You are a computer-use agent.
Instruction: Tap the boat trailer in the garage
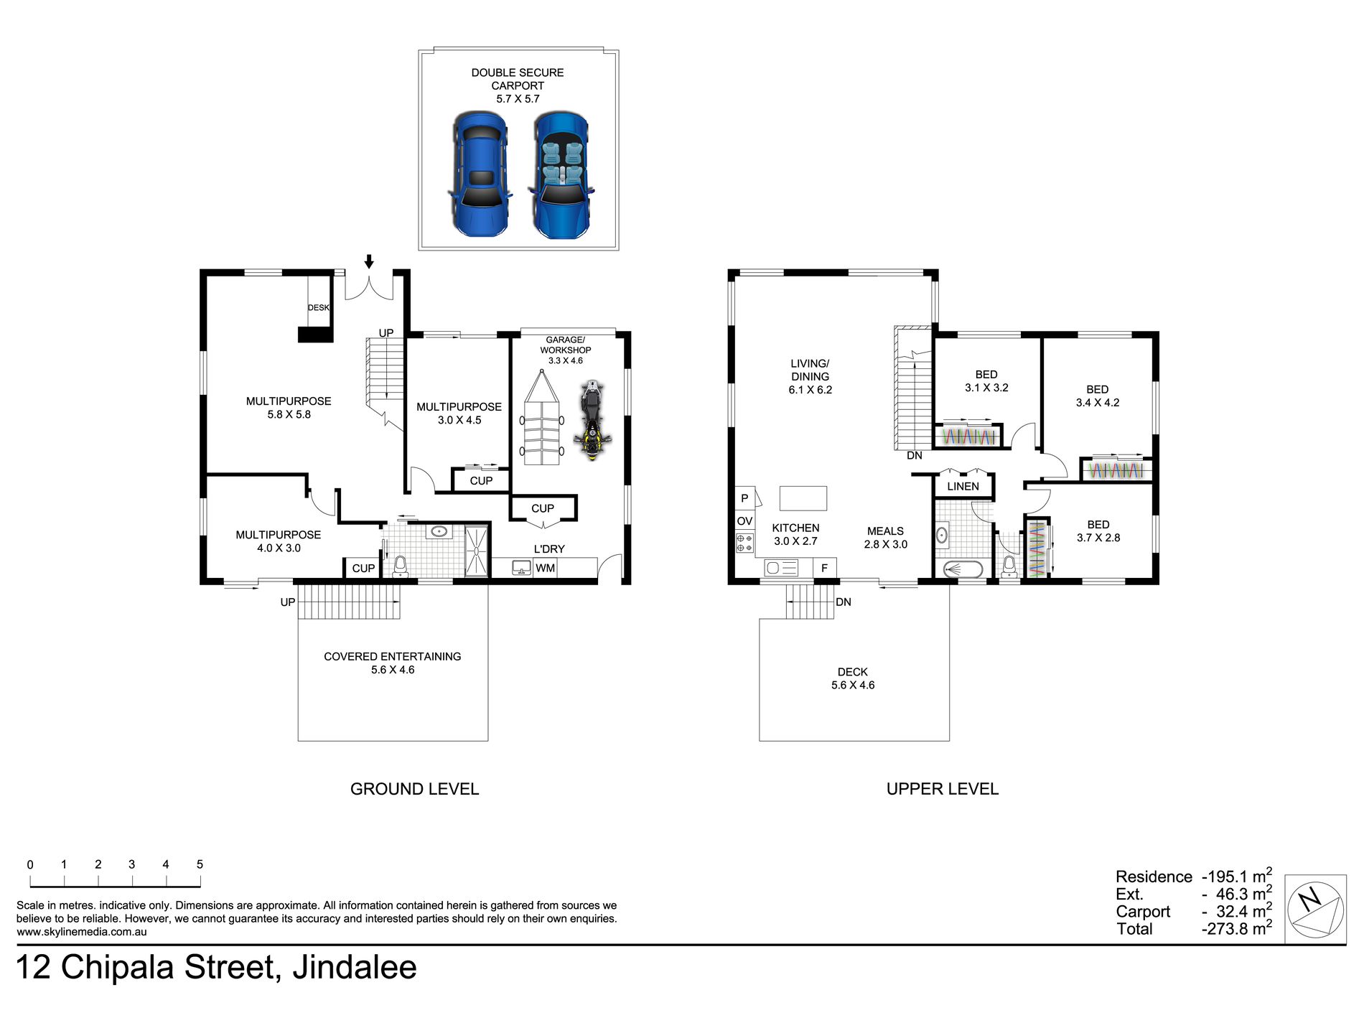[x=542, y=417]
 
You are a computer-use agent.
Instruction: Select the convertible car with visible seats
[x=561, y=174]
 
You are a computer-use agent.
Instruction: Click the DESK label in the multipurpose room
[x=318, y=307]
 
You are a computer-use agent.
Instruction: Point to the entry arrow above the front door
[x=370, y=261]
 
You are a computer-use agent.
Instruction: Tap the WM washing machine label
[x=545, y=568]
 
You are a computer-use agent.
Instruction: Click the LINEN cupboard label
[x=963, y=486]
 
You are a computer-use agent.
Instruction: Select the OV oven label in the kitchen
[x=744, y=521]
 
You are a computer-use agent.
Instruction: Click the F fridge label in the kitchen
[x=824, y=568]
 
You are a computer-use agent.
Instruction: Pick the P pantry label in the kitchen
[x=744, y=498]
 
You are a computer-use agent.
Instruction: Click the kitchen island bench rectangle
[x=803, y=498]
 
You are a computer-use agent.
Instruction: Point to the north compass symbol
[x=1314, y=908]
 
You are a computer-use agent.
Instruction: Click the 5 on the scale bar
[x=200, y=864]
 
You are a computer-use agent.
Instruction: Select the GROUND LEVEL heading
[x=414, y=789]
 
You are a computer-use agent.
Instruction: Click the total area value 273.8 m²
[x=1237, y=928]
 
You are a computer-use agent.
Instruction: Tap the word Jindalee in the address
[x=355, y=968]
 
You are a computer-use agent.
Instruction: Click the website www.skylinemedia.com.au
[x=82, y=932]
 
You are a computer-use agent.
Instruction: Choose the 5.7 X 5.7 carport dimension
[x=518, y=99]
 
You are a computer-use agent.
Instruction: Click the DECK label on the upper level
[x=853, y=672]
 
